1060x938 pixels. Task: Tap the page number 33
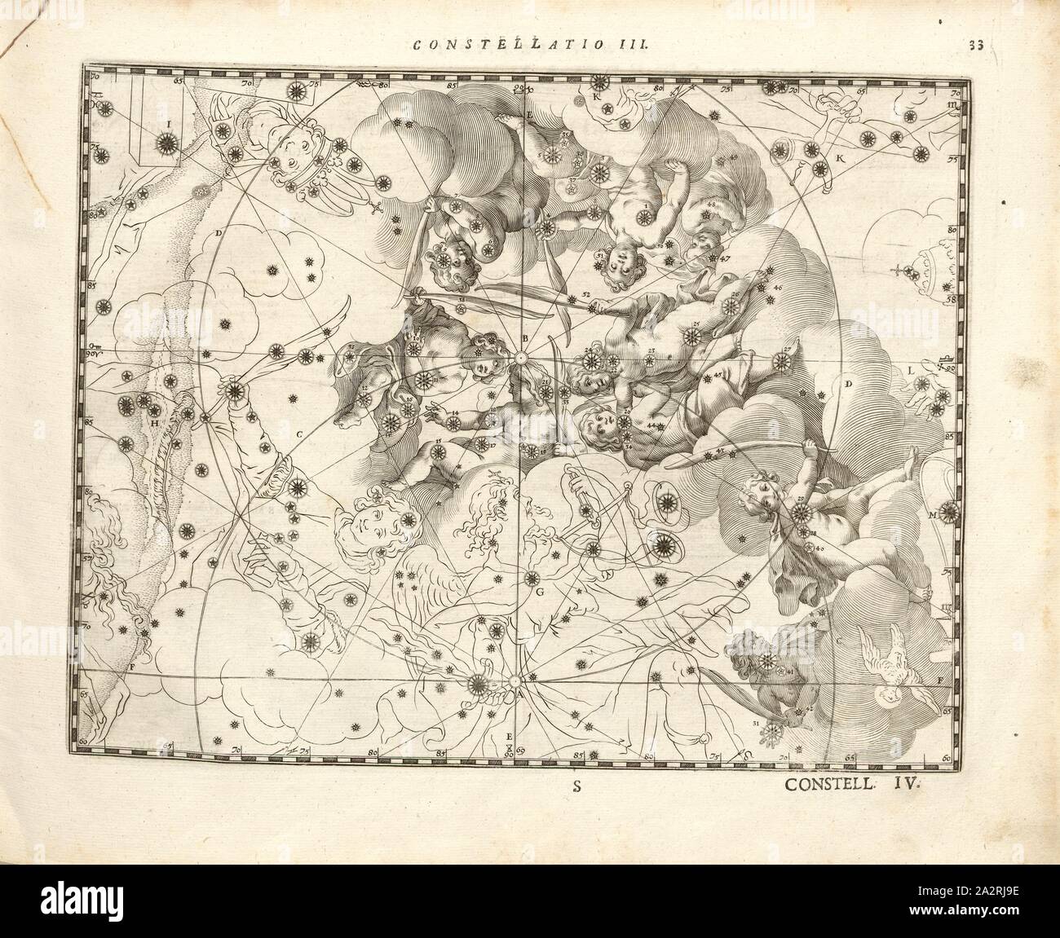(977, 46)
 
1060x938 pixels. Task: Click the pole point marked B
(519, 357)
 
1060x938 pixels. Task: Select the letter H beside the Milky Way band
(153, 421)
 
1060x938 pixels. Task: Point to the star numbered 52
(594, 308)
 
